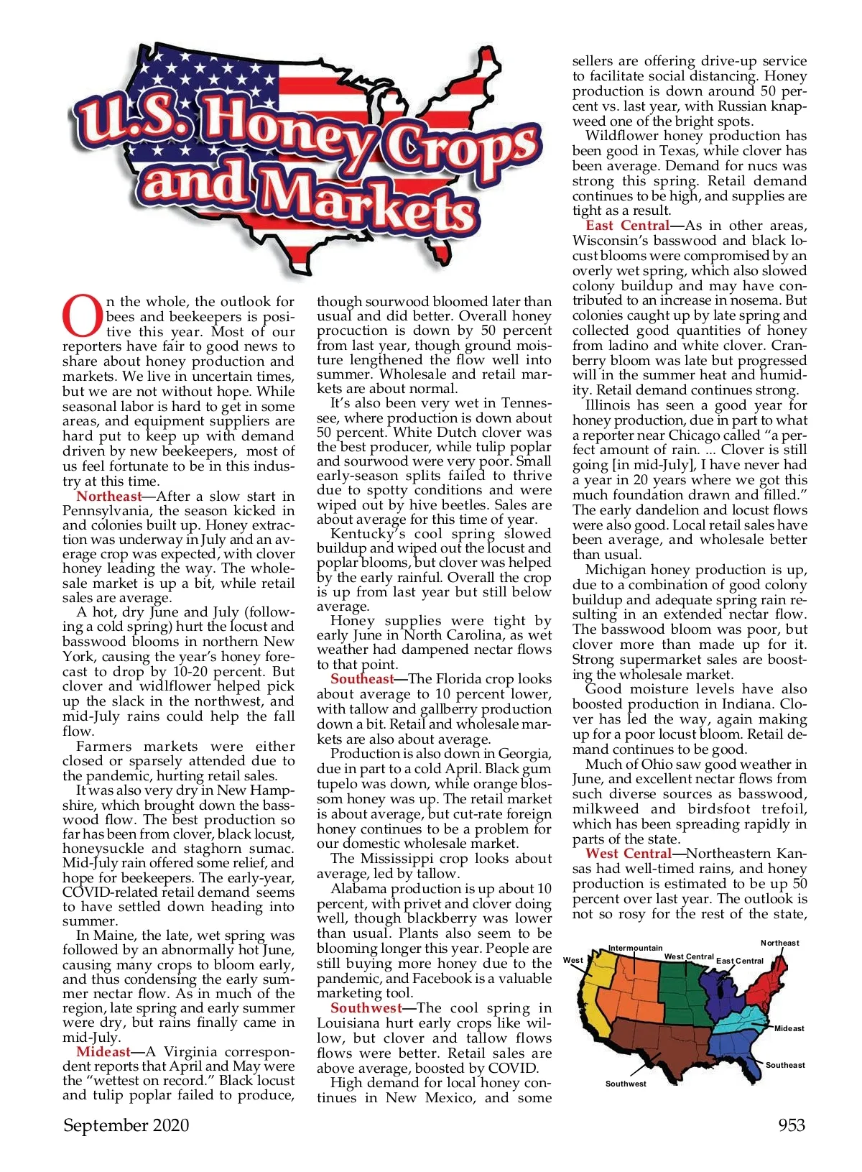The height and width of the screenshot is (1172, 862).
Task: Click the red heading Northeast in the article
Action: point(108,497)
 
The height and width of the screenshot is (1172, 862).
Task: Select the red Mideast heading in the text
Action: point(103,1051)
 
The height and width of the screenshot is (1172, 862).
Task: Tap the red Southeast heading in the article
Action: point(362,679)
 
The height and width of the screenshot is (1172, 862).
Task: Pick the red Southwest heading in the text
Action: point(366,1008)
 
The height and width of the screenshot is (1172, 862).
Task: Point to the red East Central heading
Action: point(627,226)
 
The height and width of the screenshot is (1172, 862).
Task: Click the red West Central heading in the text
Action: point(628,854)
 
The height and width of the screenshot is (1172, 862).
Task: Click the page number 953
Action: point(792,1125)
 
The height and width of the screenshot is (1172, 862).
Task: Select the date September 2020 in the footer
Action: point(126,1125)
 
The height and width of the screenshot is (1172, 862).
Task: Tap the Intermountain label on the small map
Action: point(636,948)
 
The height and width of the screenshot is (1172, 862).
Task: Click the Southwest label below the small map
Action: point(626,1084)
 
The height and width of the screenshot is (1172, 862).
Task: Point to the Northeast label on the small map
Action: point(779,943)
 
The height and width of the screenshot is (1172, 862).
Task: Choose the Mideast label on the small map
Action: point(789,1028)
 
